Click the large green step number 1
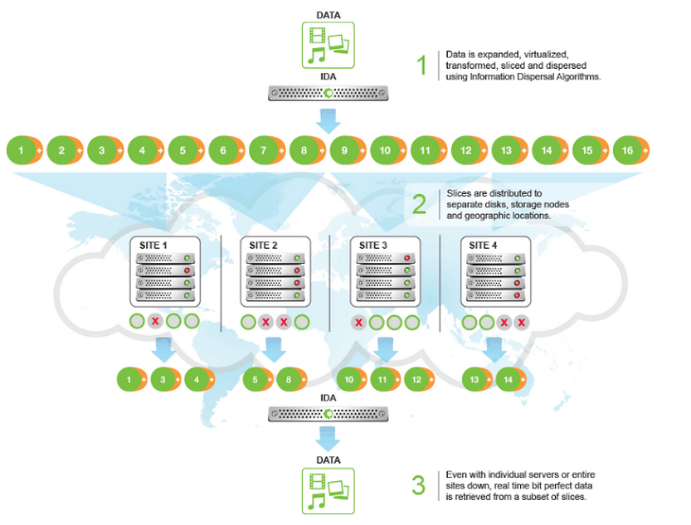click(x=421, y=66)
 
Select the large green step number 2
click(x=421, y=203)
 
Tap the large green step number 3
click(x=421, y=484)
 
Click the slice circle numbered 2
click(x=61, y=151)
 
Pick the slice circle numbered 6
click(x=222, y=151)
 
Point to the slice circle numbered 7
click(x=263, y=151)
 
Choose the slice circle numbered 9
click(x=343, y=151)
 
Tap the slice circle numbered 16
click(x=627, y=151)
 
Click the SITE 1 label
click(x=153, y=245)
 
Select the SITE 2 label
click(x=265, y=245)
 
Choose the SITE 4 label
click(x=486, y=245)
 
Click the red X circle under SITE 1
click(x=154, y=321)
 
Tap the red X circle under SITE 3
click(x=358, y=322)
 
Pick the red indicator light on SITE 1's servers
click(x=187, y=270)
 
